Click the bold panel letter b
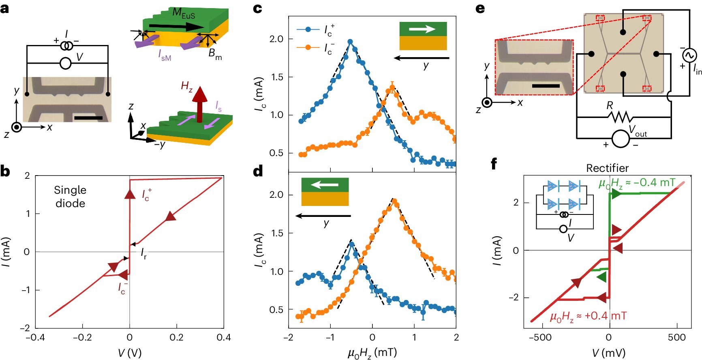click(5, 171)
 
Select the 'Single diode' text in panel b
click(70, 197)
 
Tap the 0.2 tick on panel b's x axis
click(176, 337)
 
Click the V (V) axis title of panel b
click(130, 353)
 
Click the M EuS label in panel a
click(184, 13)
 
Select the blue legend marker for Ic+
click(308, 29)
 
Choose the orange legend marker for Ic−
click(308, 47)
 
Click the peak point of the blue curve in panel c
click(350, 41)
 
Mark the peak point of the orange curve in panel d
click(394, 201)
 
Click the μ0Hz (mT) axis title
click(372, 353)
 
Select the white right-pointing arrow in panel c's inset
click(422, 29)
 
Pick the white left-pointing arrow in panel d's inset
click(325, 185)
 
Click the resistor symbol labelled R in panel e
click(620, 117)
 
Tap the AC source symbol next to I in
click(689, 55)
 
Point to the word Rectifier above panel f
click(608, 168)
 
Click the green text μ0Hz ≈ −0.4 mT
click(637, 183)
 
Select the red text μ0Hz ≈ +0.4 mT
click(588, 316)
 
